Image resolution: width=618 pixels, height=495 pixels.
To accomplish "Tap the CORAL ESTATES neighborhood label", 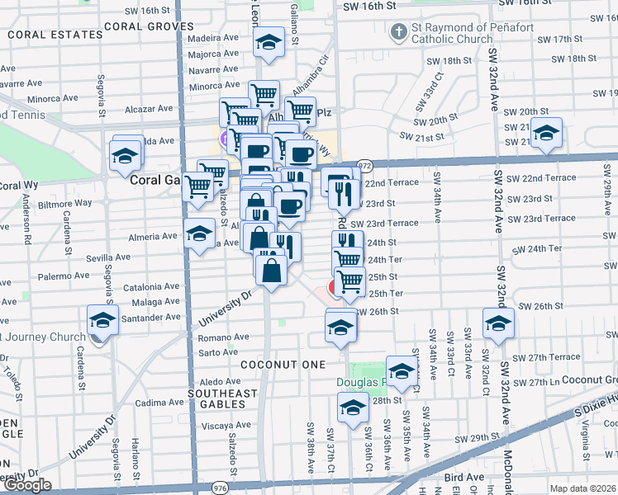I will [44, 35].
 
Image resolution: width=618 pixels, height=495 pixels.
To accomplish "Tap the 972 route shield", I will [364, 166].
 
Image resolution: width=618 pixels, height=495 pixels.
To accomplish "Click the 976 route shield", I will [220, 486].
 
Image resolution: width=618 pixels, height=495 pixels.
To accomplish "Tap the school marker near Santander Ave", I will [102, 321].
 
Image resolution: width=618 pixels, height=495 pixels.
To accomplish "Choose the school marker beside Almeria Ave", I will [199, 236].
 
